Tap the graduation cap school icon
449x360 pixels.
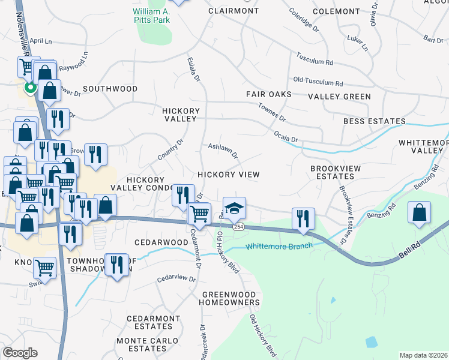pos(235,208)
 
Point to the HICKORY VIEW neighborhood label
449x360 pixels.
pos(229,175)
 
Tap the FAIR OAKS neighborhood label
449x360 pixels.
pos(268,95)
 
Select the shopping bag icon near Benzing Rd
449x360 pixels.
pos(420,212)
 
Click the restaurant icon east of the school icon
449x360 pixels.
pos(303,218)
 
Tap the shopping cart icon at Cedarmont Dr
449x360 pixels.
pos(199,213)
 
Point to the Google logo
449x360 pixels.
pos(20,353)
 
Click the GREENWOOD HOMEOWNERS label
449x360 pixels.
pos(231,298)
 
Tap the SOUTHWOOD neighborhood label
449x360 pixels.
pos(110,89)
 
